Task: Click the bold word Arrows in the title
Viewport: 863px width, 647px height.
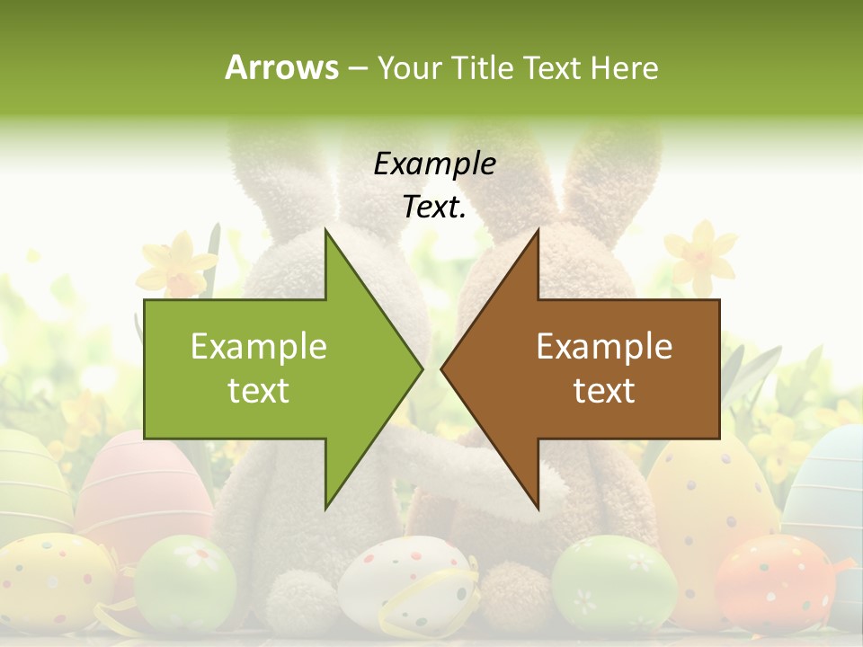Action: (281, 67)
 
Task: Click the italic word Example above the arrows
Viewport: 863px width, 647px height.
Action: (434, 164)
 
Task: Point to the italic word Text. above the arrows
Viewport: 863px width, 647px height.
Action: (434, 208)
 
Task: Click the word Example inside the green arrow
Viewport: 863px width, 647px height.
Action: (259, 347)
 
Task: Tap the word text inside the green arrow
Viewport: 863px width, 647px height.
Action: (259, 391)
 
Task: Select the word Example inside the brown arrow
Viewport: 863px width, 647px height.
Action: (604, 347)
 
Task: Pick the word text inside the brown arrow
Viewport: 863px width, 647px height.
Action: (604, 391)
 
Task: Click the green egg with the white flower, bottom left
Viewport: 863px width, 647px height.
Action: (184, 580)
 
